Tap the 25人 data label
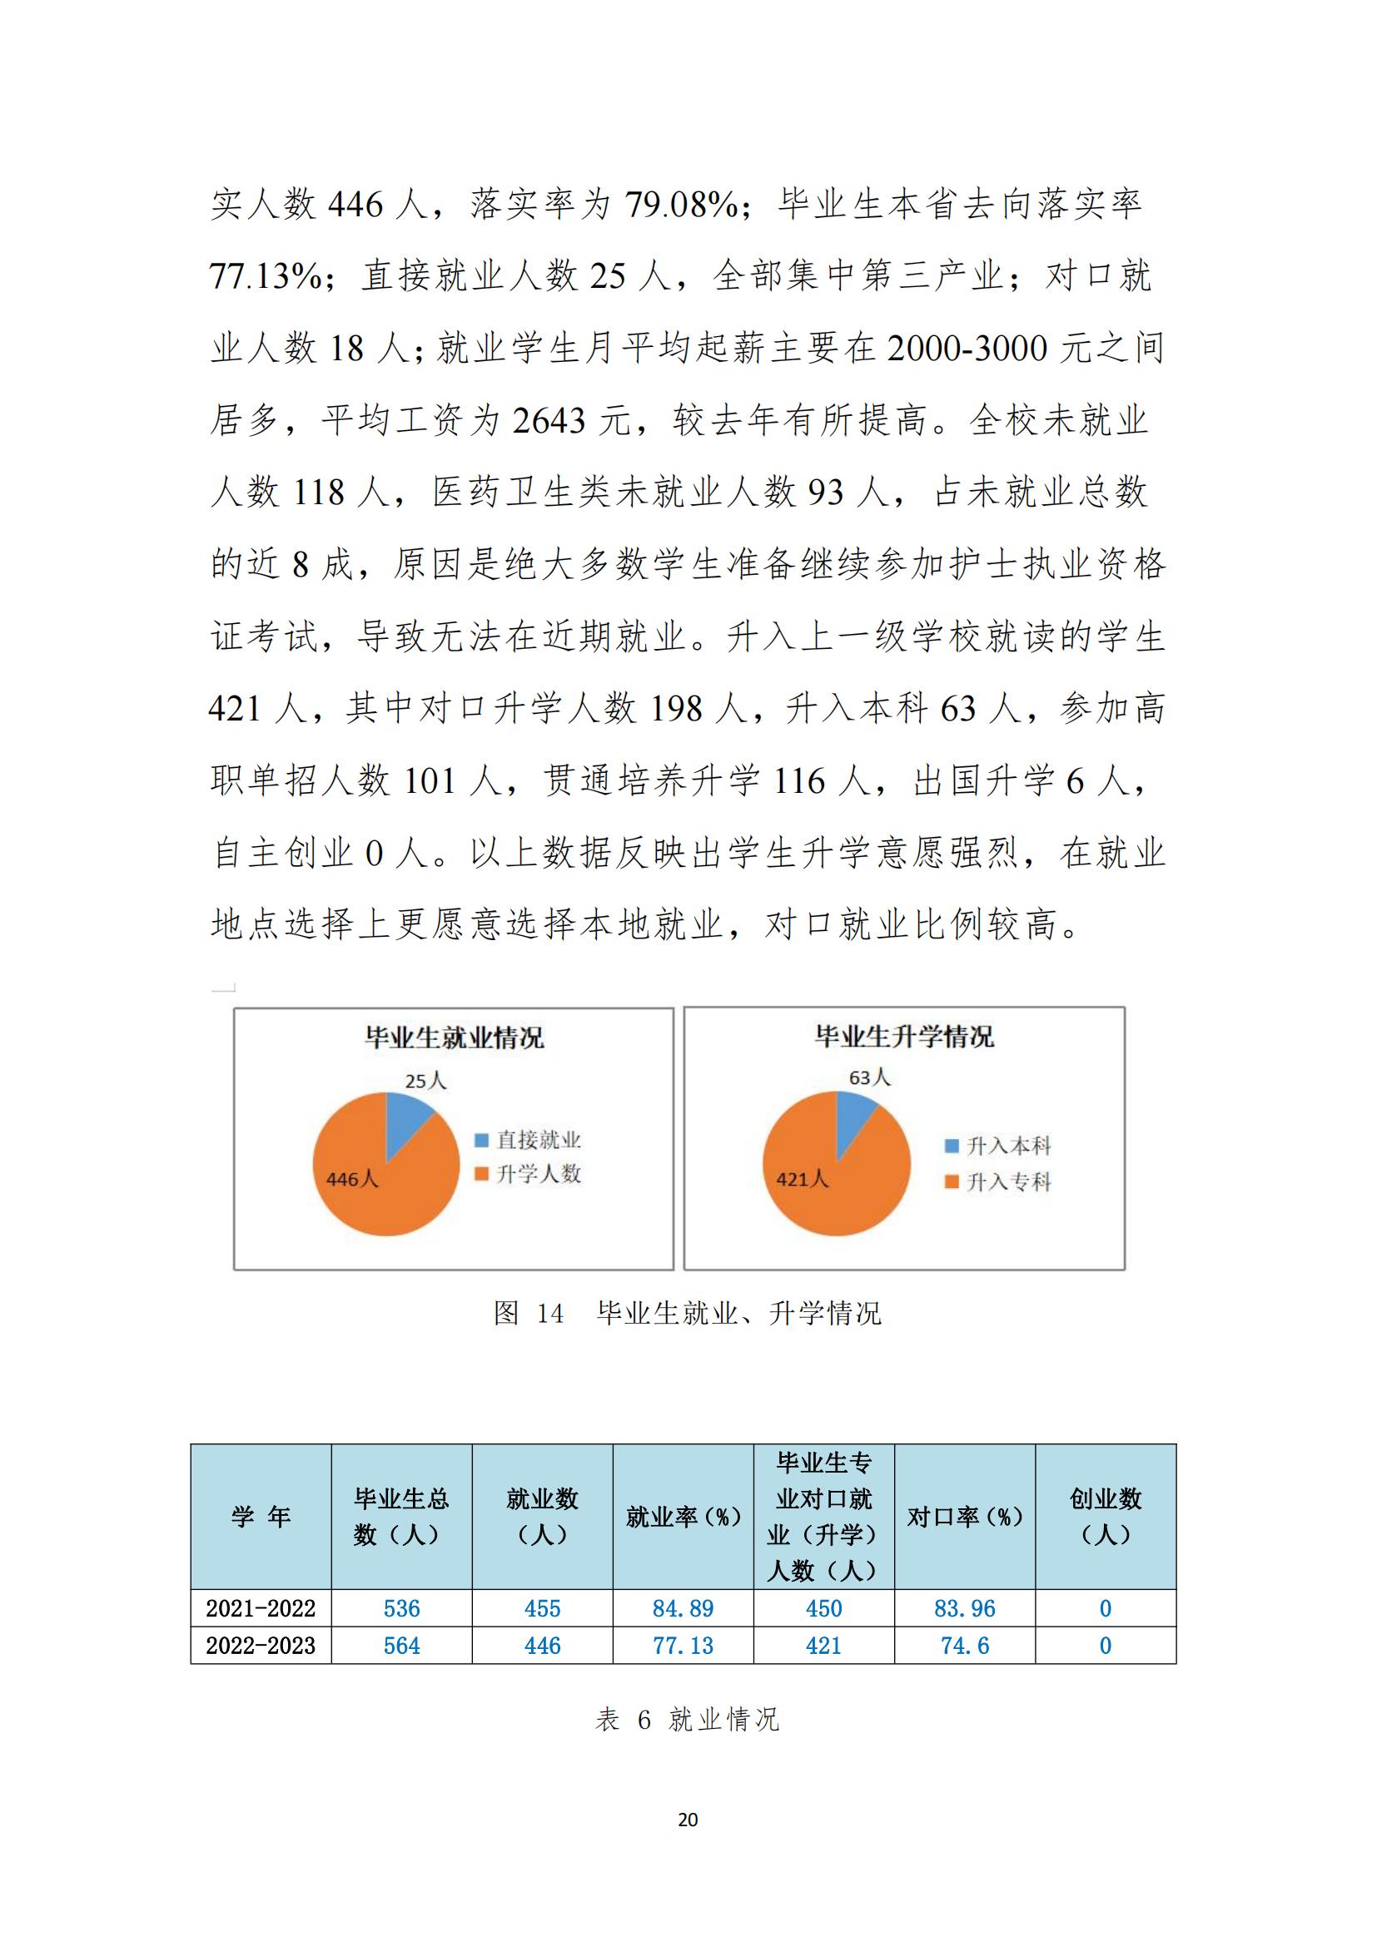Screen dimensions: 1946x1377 pyautogui.click(x=425, y=1081)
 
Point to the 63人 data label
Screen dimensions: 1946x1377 pyautogui.click(x=869, y=1077)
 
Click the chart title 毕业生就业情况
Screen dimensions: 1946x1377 pyautogui.click(x=455, y=1037)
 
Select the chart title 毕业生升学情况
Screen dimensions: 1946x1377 pyautogui.click(x=904, y=1036)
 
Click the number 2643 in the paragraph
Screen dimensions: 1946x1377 pyautogui.click(x=549, y=420)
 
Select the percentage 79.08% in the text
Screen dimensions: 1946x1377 pyautogui.click(x=682, y=205)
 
